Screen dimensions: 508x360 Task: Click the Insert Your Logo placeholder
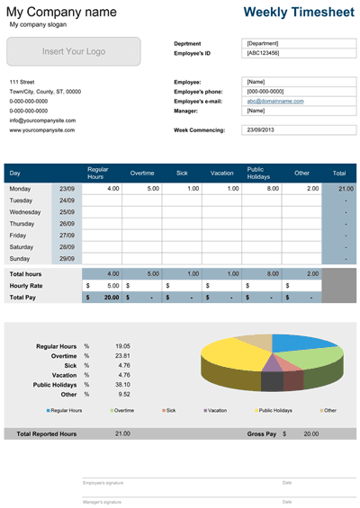pos(74,51)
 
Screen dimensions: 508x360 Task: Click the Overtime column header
pos(142,172)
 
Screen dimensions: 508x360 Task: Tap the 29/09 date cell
pos(67,257)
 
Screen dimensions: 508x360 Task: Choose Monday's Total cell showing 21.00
pos(346,189)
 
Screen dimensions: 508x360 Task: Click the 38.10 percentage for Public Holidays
pos(122,385)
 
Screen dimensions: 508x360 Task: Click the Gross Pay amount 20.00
pos(310,433)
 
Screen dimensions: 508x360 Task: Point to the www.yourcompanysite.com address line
pos(42,130)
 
